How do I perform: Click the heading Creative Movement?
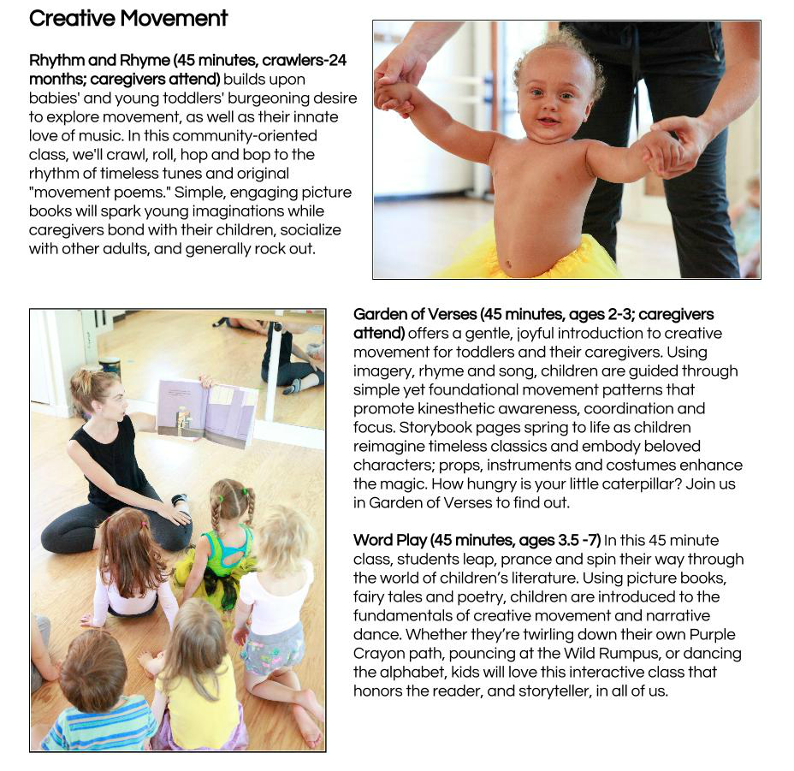point(128,18)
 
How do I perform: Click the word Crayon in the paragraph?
point(376,654)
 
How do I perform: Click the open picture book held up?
point(207,412)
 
